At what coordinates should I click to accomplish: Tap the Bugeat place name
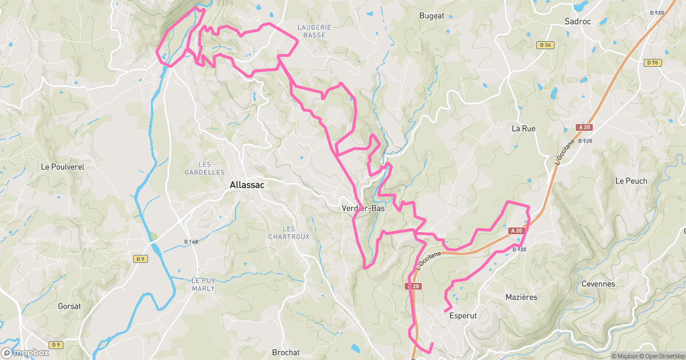[x=432, y=16]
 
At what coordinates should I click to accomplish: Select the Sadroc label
[x=577, y=21]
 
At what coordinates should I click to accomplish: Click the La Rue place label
[x=523, y=129]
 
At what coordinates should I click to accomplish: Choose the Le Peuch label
[x=631, y=181]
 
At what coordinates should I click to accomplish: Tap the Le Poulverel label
[x=63, y=167]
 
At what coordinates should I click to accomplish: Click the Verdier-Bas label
[x=363, y=209]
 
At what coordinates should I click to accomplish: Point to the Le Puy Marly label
[x=203, y=285]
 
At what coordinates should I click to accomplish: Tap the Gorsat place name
[x=69, y=306]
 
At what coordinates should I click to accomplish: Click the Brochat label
[x=286, y=353]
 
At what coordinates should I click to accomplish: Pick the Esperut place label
[x=463, y=315]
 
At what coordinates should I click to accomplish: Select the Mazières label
[x=521, y=297]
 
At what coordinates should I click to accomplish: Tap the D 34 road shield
[x=545, y=45]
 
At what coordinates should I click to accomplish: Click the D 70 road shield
[x=652, y=63]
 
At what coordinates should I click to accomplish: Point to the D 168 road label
[x=191, y=242]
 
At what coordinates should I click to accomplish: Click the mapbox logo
[x=25, y=353]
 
